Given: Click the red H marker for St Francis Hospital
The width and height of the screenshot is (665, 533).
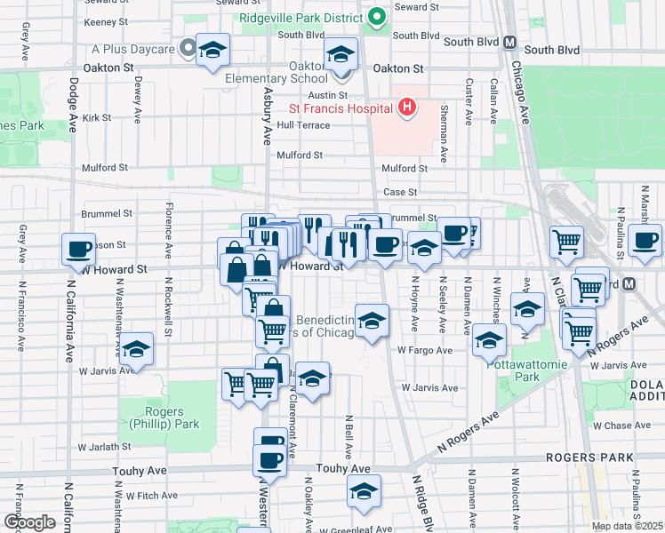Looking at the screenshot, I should coord(407,108).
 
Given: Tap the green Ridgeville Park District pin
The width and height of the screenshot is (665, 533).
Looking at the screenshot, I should coord(378,16).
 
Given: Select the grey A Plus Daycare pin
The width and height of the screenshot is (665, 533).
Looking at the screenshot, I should coord(188,47).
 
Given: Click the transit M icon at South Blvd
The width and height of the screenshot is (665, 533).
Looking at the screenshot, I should coord(510,42).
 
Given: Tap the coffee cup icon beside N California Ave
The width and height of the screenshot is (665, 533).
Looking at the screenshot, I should coord(78,249).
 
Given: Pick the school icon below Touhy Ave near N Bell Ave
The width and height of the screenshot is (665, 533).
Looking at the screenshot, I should coord(364,491).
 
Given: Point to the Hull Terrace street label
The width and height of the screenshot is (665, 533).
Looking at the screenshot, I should coord(303,125).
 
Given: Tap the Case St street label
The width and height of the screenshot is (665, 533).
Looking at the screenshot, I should coord(400,192).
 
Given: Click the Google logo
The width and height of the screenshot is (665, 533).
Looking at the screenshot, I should coord(29,522).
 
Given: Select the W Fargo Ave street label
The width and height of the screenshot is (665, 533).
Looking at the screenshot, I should coord(425,350).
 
